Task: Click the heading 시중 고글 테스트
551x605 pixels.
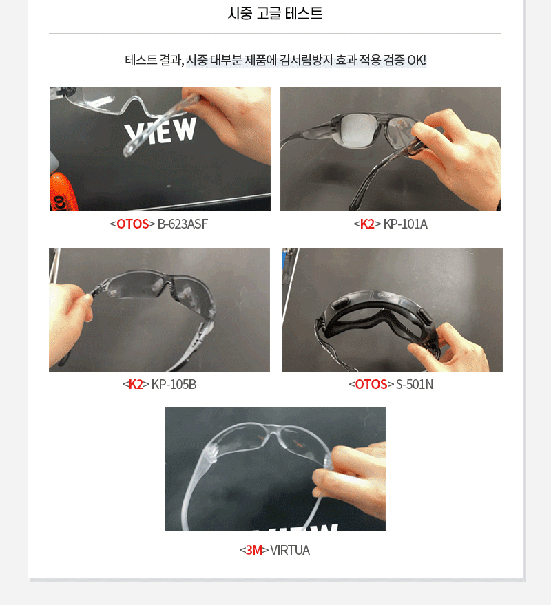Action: (275, 13)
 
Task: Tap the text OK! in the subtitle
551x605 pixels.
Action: (416, 60)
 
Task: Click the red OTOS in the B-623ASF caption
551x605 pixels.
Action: (132, 224)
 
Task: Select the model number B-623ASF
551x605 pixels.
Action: (183, 224)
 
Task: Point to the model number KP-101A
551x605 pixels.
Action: (405, 224)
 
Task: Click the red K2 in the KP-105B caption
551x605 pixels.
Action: (136, 384)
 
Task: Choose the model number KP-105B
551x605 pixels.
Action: (174, 384)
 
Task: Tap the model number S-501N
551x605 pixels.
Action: (415, 384)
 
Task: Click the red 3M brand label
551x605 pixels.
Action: (253, 550)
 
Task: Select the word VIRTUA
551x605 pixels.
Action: (289, 550)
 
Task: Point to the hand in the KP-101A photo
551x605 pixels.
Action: (459, 158)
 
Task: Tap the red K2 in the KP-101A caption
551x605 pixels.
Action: (367, 224)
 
